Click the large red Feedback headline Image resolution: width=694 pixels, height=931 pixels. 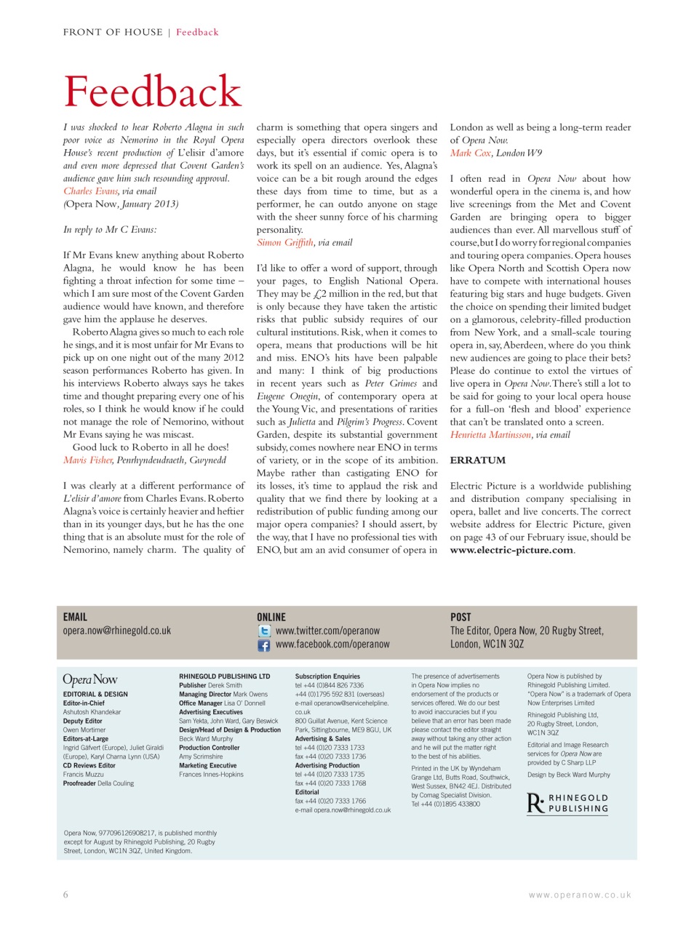153,92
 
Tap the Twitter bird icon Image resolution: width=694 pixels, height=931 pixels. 264,631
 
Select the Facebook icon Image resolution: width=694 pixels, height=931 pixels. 264,645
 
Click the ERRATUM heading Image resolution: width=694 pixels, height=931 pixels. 477,460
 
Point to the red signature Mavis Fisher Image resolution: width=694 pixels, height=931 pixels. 88,460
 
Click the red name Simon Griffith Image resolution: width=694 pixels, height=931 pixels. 285,243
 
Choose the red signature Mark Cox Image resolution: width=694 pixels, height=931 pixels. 470,153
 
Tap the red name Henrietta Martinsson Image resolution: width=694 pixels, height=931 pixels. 490,435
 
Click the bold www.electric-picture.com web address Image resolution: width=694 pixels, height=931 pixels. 511,551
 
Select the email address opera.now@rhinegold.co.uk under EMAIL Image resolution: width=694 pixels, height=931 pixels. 117,631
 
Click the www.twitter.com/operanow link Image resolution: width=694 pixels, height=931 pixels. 327,631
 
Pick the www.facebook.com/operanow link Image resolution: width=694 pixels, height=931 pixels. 332,644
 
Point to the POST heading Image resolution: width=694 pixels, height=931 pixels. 460,617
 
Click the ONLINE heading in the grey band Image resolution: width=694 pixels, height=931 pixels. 271,617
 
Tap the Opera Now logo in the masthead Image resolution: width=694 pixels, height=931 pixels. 90,680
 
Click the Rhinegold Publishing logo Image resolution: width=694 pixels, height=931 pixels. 567,804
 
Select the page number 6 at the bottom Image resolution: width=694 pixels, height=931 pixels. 65,895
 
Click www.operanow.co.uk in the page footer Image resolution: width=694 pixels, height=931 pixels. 580,895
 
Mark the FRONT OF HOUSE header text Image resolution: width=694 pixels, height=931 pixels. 113,32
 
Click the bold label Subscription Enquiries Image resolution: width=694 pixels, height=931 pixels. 327,676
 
